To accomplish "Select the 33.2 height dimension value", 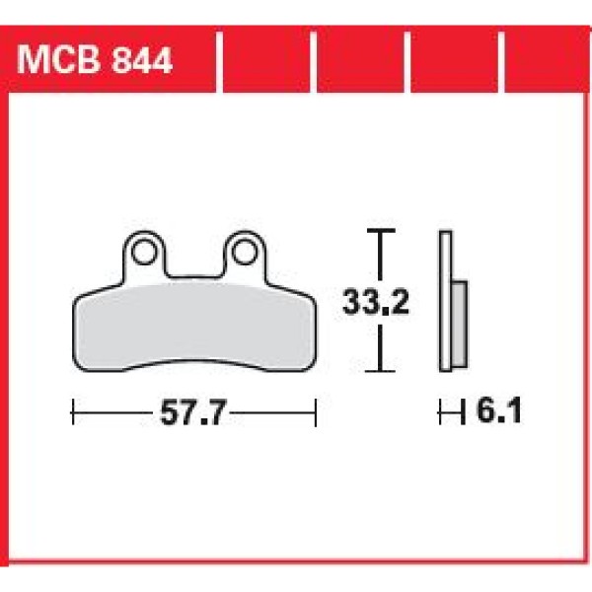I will pos(376,301).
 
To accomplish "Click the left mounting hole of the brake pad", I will pos(144,250).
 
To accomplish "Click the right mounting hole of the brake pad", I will pos(242,250).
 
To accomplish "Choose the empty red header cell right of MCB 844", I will pos(263,61).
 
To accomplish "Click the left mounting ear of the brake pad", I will pos(144,259).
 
